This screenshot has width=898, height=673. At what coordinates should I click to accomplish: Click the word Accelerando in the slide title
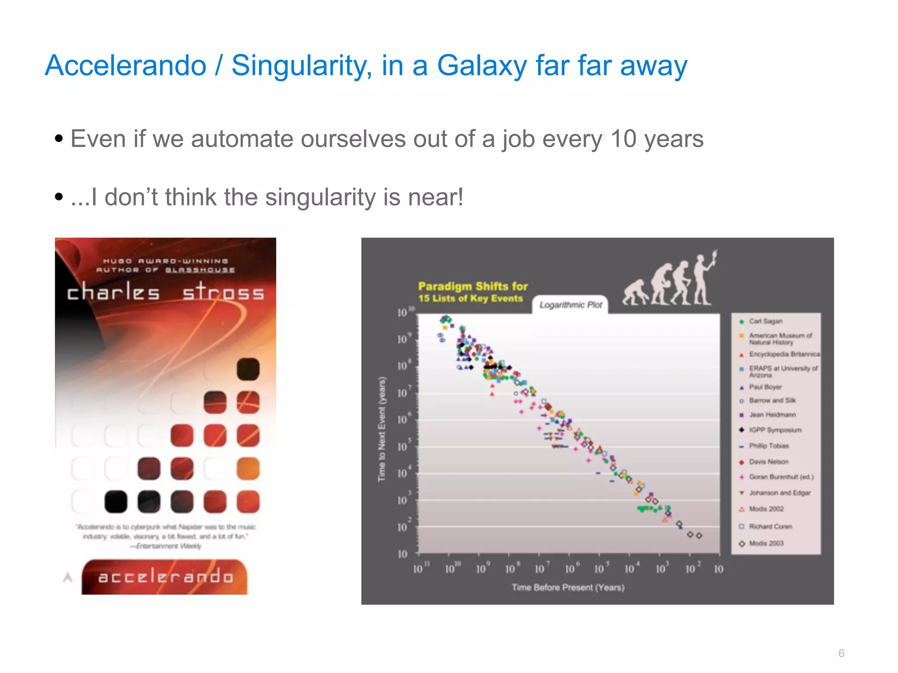(125, 66)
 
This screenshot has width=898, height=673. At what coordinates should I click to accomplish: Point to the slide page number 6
(841, 653)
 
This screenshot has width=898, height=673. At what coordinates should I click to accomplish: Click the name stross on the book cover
(223, 292)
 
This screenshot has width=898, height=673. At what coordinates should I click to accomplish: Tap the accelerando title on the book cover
(165, 577)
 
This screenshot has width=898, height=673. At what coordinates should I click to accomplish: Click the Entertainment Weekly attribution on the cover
(168, 546)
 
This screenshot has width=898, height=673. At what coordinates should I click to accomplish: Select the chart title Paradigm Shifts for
(473, 287)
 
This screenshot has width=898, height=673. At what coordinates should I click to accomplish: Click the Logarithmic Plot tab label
(570, 305)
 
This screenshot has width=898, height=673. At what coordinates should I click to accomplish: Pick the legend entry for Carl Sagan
(765, 321)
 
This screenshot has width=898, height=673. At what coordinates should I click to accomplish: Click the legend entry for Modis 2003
(766, 543)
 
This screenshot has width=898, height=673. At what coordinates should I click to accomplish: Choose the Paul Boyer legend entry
(765, 387)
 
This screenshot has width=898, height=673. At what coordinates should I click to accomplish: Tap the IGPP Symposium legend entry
(775, 430)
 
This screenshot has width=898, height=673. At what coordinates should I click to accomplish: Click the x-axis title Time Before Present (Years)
(568, 587)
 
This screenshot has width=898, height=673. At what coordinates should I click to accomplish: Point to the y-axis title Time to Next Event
(382, 429)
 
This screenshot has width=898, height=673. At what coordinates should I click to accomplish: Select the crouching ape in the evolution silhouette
(634, 293)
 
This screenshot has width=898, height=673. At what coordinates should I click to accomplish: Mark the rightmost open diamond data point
(699, 535)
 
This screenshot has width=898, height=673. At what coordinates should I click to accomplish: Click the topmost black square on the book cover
(248, 368)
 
